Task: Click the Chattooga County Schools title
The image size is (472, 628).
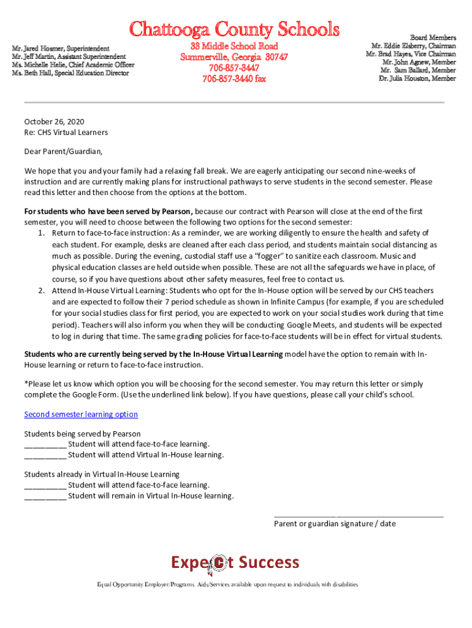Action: tap(234, 29)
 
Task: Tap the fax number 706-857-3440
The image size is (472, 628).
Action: tap(234, 78)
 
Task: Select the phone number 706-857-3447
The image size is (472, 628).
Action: tap(234, 67)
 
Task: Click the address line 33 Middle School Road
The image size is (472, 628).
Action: tap(234, 47)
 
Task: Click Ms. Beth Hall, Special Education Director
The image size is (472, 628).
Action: tap(70, 73)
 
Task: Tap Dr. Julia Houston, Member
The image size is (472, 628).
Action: tap(417, 78)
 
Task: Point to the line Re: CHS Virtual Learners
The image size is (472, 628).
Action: tap(66, 132)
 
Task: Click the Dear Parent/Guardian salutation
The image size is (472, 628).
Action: tap(63, 151)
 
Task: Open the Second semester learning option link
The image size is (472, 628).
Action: tap(81, 415)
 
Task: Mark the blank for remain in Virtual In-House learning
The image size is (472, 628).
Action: tap(45, 496)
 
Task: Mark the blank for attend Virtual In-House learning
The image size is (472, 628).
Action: tap(45, 455)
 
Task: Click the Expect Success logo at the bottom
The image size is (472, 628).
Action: tap(235, 563)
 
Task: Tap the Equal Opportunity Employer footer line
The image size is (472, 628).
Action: tap(227, 585)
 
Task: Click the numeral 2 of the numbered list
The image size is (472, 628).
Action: tap(40, 290)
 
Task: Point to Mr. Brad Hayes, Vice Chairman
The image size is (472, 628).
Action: tap(411, 54)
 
